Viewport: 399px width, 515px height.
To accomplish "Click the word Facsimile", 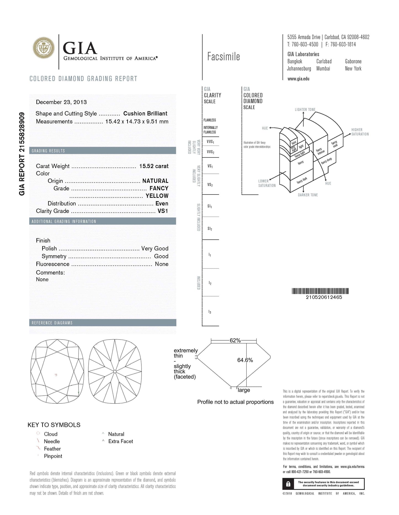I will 223,57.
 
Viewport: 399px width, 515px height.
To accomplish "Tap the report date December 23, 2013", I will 61,102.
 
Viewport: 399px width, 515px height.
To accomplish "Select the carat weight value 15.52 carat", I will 154,166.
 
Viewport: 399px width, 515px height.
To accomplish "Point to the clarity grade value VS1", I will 163,211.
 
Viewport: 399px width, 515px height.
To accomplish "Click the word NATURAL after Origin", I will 155,181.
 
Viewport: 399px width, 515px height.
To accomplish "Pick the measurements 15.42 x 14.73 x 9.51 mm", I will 137,122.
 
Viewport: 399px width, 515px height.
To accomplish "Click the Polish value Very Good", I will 155,248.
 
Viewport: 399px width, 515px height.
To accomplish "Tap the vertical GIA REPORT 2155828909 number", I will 22,154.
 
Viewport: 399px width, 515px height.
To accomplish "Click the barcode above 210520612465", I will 320,291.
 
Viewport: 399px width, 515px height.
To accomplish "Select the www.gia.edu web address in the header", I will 298,79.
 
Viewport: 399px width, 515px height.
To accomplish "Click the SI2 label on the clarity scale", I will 210,228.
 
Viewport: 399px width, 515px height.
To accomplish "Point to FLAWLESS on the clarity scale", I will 210,120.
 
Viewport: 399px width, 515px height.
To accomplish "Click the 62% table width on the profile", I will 235,340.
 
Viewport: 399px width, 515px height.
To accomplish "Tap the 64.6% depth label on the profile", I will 245,360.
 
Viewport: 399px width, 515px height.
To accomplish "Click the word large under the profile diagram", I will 244,390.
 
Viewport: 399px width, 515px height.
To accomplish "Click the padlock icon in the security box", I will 288,484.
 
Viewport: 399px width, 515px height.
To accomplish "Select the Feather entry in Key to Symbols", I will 52,449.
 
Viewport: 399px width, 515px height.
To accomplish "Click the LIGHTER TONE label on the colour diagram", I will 305,110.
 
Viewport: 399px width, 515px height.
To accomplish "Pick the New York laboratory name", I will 353,69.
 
